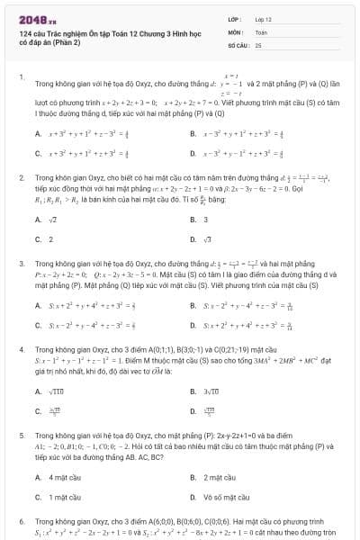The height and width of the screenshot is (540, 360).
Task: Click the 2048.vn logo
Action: point(37,20)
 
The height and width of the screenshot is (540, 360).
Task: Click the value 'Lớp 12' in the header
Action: point(263,19)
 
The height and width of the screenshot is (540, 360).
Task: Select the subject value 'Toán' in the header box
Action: point(261,31)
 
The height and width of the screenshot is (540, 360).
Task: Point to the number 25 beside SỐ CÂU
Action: point(258,44)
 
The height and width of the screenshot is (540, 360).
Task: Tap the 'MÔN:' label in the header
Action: point(235,31)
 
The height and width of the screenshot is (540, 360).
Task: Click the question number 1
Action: point(21,77)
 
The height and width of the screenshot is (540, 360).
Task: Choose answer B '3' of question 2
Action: point(205,219)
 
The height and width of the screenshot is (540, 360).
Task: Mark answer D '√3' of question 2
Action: point(207,239)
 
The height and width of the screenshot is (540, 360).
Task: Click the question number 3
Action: point(21,264)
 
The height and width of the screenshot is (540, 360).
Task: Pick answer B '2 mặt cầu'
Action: point(218,476)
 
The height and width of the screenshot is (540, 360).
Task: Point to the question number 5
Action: point(21,435)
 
